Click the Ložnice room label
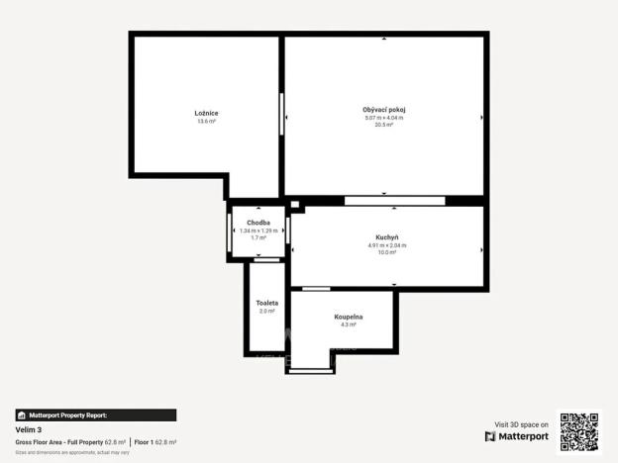pyautogui.click(x=206, y=113)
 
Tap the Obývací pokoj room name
pyautogui.click(x=384, y=109)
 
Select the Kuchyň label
pyautogui.click(x=386, y=237)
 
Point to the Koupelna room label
pyautogui.click(x=348, y=317)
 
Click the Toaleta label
pyautogui.click(x=266, y=302)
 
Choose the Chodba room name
pyautogui.click(x=258, y=223)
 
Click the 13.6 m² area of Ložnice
pyautogui.click(x=206, y=122)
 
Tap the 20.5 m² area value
pyautogui.click(x=384, y=125)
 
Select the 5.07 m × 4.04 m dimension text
pyautogui.click(x=384, y=118)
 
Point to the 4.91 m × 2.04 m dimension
pyautogui.click(x=386, y=245)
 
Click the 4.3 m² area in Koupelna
pyautogui.click(x=348, y=324)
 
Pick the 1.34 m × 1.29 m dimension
pyautogui.click(x=258, y=231)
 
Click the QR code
pyautogui.click(x=578, y=431)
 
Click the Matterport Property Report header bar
pyautogui.click(x=95, y=416)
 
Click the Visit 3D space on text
pyautogui.click(x=521, y=423)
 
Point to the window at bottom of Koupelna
pyautogui.click(x=311, y=370)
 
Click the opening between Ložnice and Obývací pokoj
pyautogui.click(x=282, y=119)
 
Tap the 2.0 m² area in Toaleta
pyautogui.click(x=266, y=311)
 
